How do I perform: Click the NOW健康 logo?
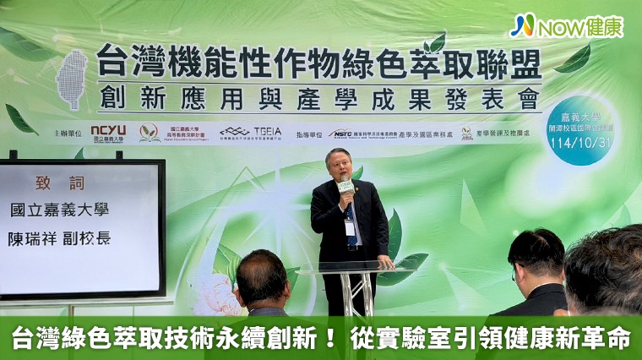[566, 25]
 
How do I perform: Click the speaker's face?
[340, 167]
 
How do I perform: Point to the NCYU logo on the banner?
[107, 133]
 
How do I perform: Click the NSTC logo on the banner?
[342, 133]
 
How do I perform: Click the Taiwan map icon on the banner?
[72, 78]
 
